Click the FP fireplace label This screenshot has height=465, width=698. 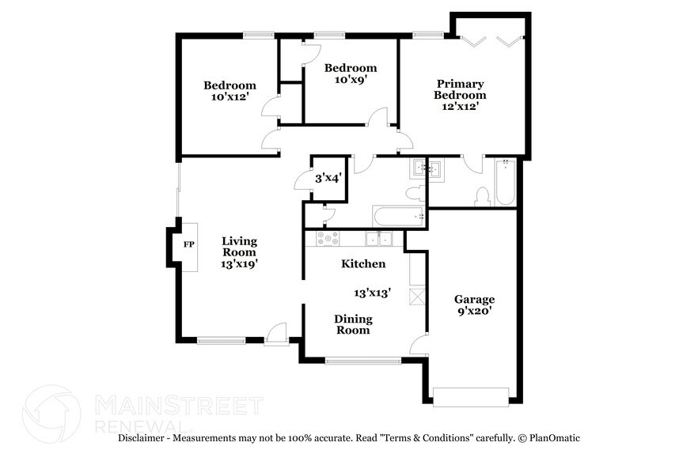[x=189, y=245]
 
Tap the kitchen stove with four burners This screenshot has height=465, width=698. [x=328, y=238]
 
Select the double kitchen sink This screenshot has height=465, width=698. [x=378, y=238]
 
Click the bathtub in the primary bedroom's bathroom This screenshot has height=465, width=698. [x=506, y=182]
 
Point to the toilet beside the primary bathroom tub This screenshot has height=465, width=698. [x=482, y=196]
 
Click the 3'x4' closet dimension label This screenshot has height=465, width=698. [x=328, y=179]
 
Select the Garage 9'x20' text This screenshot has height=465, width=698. [x=474, y=305]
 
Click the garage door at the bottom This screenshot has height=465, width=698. [x=471, y=396]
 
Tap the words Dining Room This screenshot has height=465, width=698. [x=352, y=324]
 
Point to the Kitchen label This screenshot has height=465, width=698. [x=363, y=263]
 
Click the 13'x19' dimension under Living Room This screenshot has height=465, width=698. [x=239, y=264]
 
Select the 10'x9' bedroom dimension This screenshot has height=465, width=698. [x=351, y=80]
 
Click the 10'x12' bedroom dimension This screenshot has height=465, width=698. [x=230, y=97]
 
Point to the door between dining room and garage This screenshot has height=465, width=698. [x=419, y=344]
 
